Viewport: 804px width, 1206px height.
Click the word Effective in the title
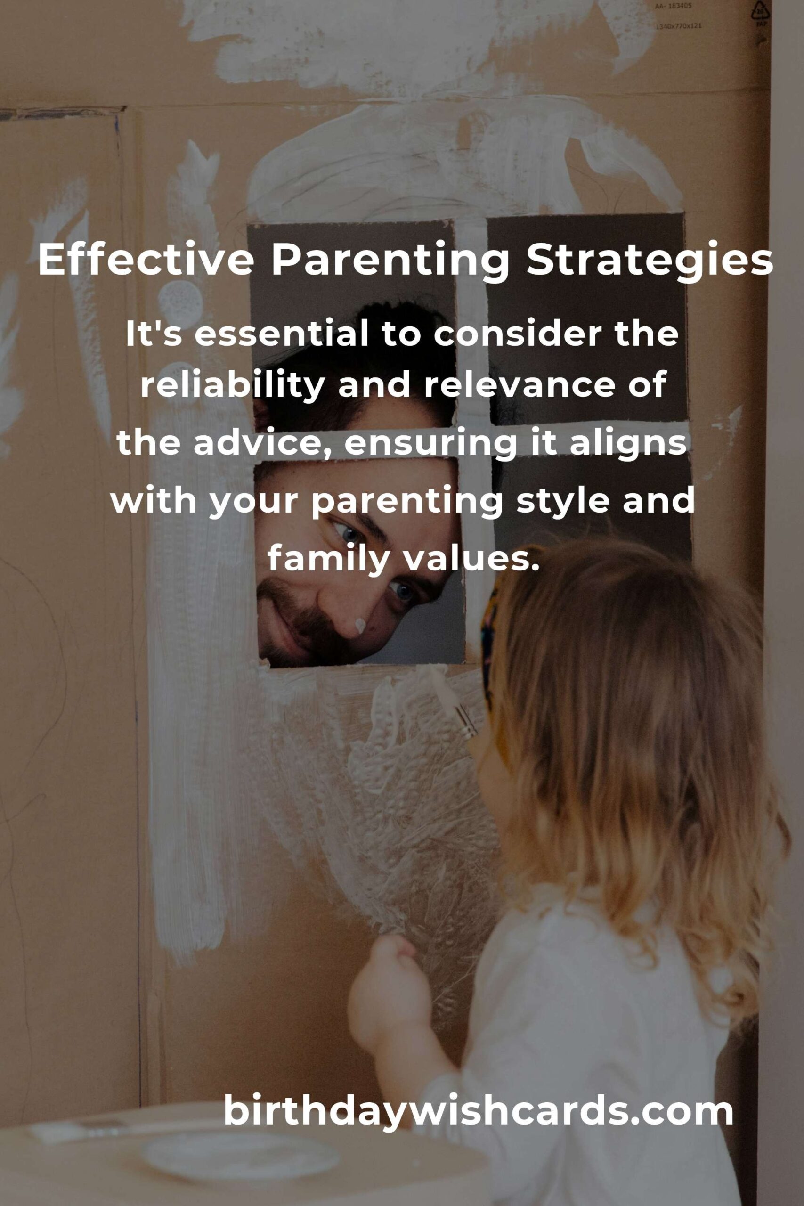tap(146, 260)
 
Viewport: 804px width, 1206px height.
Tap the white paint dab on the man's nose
tap(360, 625)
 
